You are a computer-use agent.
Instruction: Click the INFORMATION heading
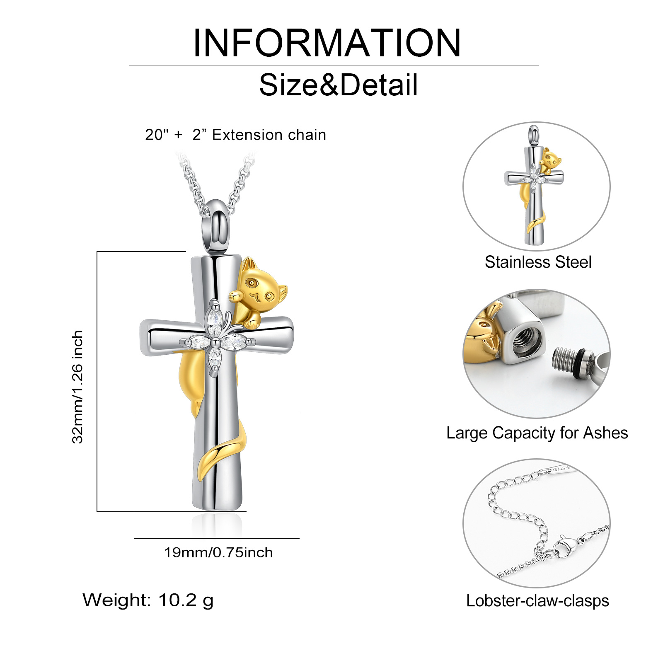click(x=327, y=43)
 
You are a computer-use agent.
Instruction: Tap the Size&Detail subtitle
click(x=338, y=85)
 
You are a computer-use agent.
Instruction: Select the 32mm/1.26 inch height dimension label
click(x=77, y=387)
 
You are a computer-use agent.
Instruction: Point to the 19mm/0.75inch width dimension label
click(x=218, y=552)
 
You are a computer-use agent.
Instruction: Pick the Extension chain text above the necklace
click(x=269, y=135)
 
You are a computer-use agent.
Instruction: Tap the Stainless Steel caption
click(x=538, y=262)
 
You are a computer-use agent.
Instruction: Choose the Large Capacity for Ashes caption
click(x=537, y=433)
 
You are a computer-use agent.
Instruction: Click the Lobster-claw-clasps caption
click(x=537, y=601)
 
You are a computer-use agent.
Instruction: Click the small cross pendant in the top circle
click(x=535, y=186)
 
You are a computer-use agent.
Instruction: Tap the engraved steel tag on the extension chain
click(x=559, y=469)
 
